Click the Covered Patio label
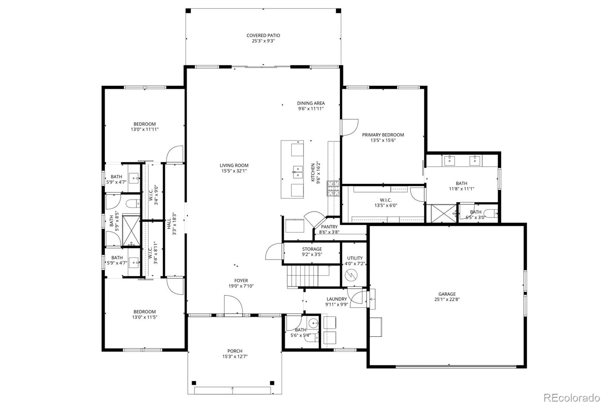point(263,36)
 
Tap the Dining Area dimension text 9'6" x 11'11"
point(311,109)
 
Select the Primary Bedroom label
point(383,135)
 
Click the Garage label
point(447,294)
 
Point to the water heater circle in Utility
point(351,275)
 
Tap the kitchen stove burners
point(333,188)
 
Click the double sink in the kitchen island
point(297,172)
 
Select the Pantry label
point(329,227)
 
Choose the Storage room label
point(312,249)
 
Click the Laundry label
point(336,299)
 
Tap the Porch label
point(235,351)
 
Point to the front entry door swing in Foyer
point(233,305)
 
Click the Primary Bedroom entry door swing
point(350,127)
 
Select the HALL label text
point(169,224)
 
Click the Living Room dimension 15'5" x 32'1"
point(234,171)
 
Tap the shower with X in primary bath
point(443,214)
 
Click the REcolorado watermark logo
point(572,397)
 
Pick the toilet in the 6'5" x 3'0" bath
point(491,213)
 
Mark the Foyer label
point(241,281)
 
